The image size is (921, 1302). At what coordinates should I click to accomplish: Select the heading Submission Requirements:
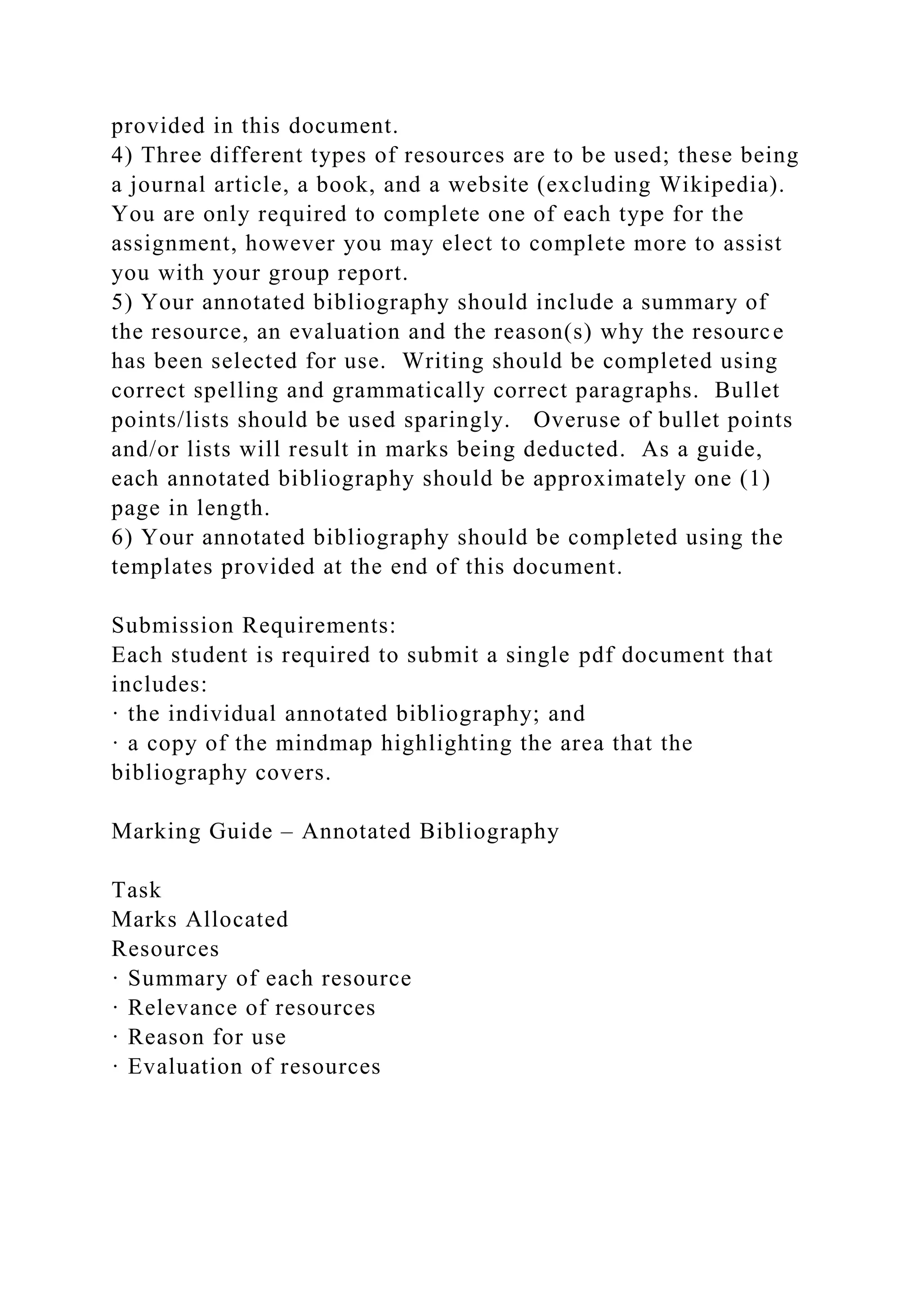point(254,625)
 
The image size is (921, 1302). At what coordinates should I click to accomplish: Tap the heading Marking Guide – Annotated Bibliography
point(335,831)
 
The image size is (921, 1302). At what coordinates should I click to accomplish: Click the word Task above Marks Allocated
point(136,890)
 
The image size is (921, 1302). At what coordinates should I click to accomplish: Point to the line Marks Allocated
point(200,919)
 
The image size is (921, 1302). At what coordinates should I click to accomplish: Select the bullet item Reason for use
point(206,1037)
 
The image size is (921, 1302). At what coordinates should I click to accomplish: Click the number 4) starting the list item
point(121,156)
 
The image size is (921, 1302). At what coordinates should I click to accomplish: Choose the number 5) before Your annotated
point(121,302)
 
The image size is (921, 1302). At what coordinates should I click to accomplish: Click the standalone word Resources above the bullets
point(165,949)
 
